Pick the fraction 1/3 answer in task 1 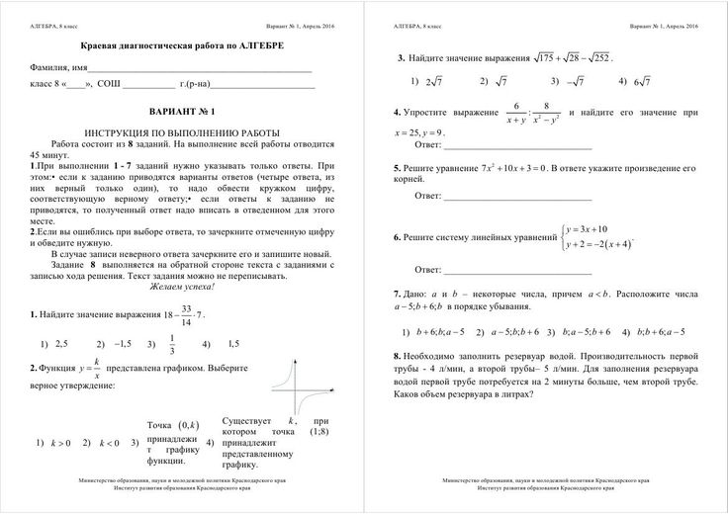click(172, 344)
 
